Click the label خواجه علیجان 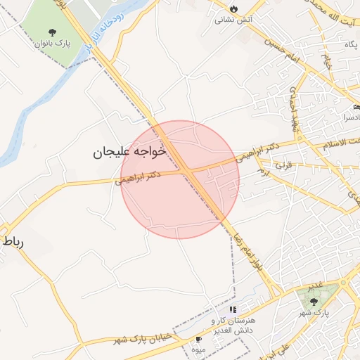point(129,150)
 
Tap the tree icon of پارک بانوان point(53,32)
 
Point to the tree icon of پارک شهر point(314,300)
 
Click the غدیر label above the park point(314,285)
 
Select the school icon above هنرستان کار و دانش point(233,309)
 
